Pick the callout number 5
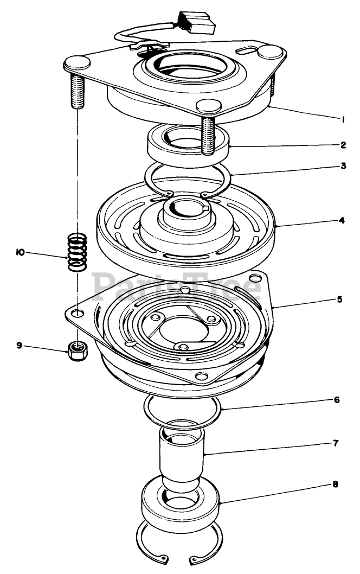click(339, 299)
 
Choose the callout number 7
click(336, 443)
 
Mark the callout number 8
click(336, 484)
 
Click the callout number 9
click(20, 345)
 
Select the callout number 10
click(21, 252)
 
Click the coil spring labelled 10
click(78, 252)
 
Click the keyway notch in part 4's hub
click(205, 208)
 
